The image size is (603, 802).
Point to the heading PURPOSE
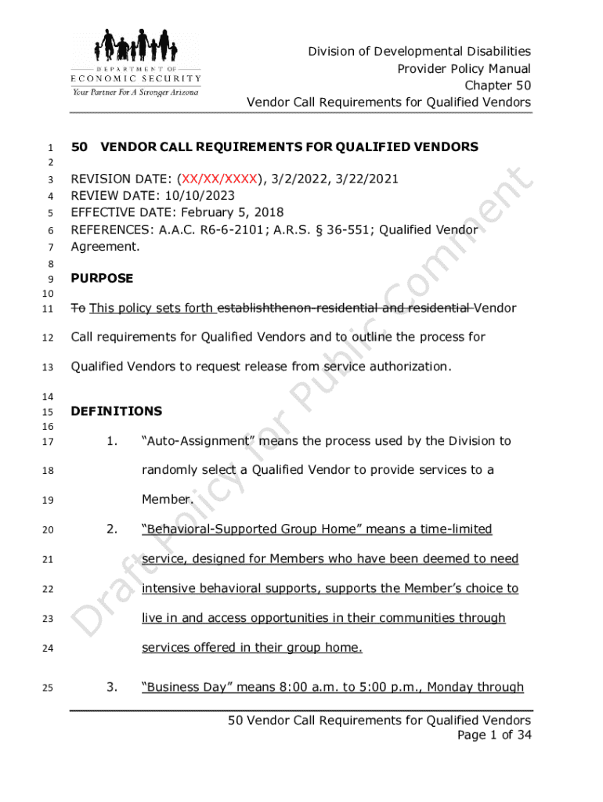[102, 278]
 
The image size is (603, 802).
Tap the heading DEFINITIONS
[116, 411]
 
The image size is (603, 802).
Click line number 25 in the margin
[47, 688]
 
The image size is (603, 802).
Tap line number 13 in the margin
[47, 367]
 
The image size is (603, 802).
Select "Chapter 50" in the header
[498, 85]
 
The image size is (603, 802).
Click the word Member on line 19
[164, 500]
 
